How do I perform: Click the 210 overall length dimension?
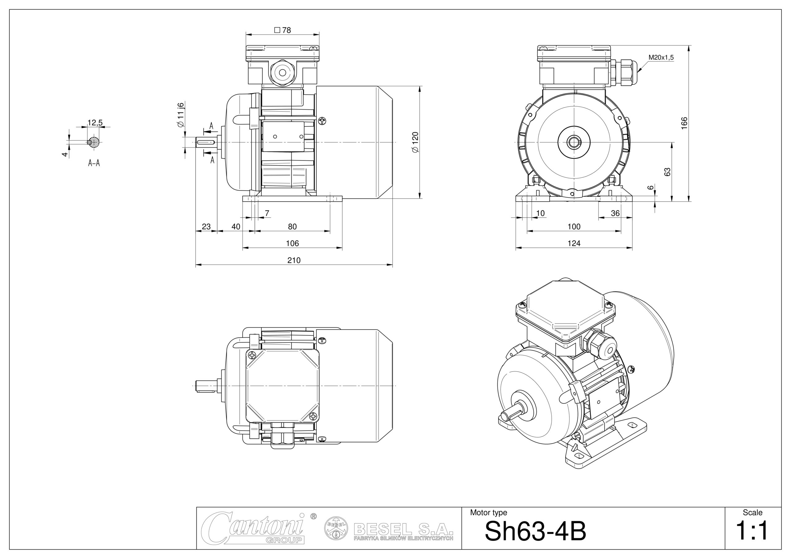[x=294, y=260]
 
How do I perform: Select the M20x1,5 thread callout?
[x=661, y=58]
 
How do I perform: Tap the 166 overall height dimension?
[x=684, y=123]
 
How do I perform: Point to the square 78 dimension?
[x=282, y=30]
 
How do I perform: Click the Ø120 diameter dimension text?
[x=415, y=142]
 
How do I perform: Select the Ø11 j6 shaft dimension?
[x=181, y=115]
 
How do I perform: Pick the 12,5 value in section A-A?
[x=95, y=123]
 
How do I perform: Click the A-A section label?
[x=94, y=163]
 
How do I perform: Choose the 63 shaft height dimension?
[x=667, y=172]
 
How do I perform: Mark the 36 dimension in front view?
[x=615, y=213]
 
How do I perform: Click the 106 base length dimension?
[x=292, y=243]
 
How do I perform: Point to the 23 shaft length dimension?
[x=206, y=227]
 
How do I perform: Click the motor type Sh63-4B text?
[x=535, y=531]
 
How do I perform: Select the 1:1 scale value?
[x=752, y=531]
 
